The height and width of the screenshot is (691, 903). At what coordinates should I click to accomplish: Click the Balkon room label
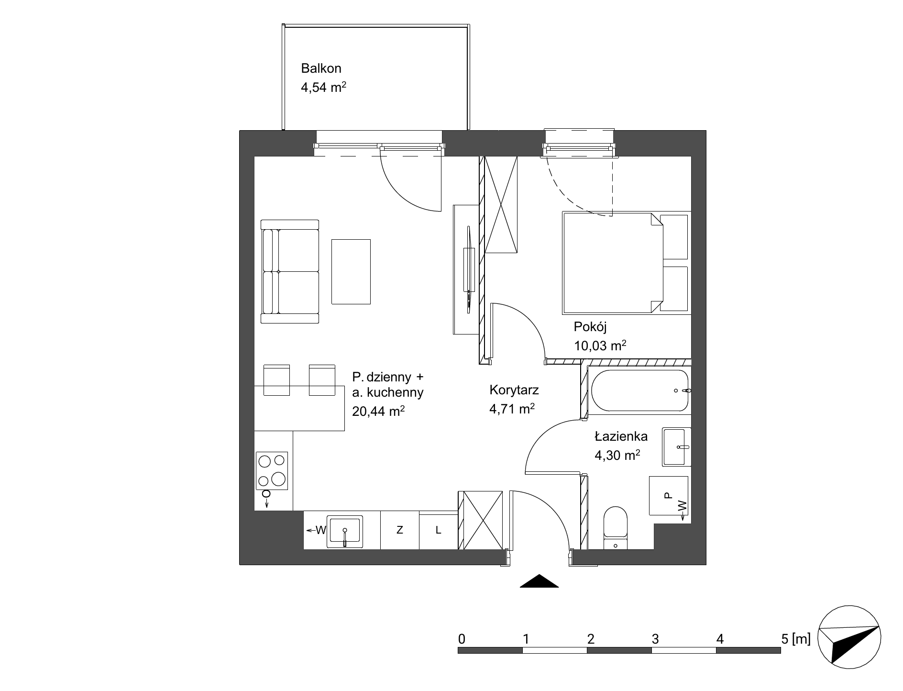click(321, 68)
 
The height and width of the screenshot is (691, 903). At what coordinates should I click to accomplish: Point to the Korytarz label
click(514, 390)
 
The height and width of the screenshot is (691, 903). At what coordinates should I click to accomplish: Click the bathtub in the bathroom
click(639, 390)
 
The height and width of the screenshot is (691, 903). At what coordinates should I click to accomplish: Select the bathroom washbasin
click(676, 447)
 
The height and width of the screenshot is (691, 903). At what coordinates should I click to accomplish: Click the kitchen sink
click(344, 531)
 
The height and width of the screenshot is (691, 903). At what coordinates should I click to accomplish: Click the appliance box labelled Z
click(400, 530)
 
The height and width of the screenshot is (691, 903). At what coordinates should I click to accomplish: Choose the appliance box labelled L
click(438, 530)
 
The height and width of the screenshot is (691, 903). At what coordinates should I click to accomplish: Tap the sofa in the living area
click(290, 272)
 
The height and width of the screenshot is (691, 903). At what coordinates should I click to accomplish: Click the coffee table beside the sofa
click(351, 272)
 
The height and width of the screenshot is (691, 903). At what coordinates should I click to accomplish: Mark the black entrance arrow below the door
click(539, 580)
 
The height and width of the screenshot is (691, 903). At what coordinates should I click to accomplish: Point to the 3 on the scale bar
click(655, 638)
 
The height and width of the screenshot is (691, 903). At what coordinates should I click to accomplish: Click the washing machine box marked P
click(668, 496)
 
